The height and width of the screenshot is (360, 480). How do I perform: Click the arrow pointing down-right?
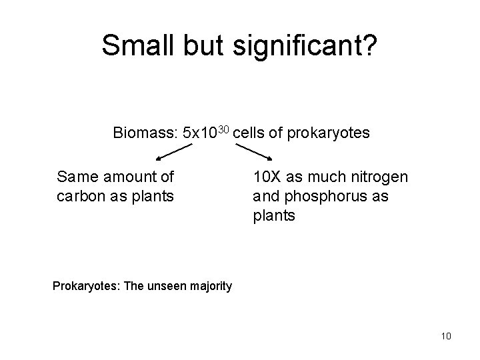tap(255, 153)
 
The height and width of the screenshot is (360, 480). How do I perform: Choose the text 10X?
tap(267, 177)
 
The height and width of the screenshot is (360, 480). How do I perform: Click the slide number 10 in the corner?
tap(446, 336)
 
